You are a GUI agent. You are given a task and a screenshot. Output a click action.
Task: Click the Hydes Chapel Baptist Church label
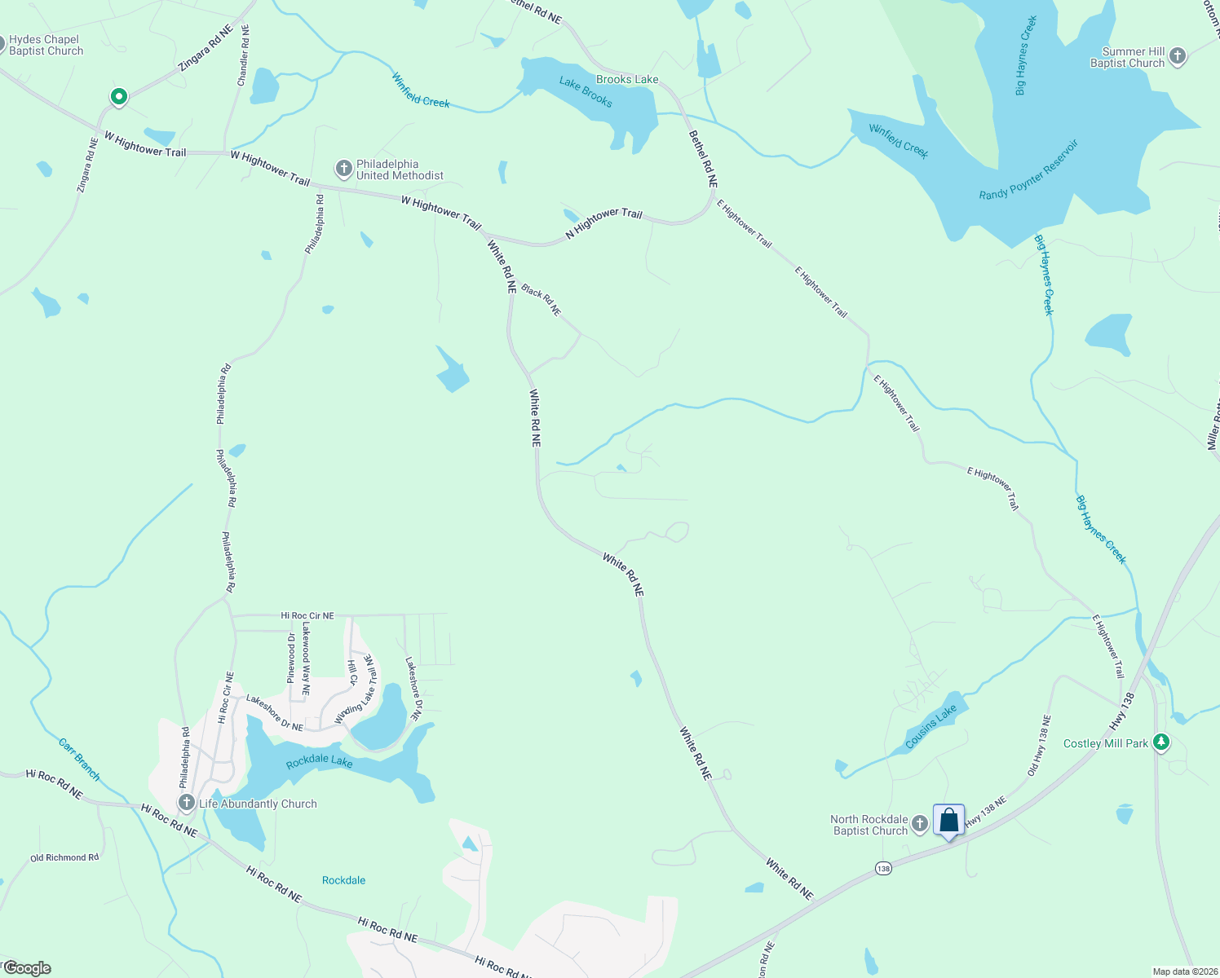click(46, 46)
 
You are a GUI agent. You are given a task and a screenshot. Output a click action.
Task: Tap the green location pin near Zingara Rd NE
click(119, 97)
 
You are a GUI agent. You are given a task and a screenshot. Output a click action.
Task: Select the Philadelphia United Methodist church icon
click(344, 170)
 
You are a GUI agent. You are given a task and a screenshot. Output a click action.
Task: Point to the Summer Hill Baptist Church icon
click(1177, 56)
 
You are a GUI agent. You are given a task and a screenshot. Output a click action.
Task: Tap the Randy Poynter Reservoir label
click(1029, 171)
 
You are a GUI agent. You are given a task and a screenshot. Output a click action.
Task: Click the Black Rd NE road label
click(541, 300)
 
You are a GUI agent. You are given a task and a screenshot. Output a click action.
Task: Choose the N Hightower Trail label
click(604, 223)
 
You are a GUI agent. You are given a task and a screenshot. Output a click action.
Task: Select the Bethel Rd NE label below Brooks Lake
click(703, 160)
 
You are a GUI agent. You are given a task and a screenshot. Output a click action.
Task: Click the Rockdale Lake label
click(320, 763)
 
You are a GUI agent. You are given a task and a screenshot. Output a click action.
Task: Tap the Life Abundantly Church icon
click(187, 804)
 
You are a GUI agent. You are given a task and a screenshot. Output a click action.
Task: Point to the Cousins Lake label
click(930, 726)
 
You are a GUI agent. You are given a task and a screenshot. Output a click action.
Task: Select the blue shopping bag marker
click(948, 820)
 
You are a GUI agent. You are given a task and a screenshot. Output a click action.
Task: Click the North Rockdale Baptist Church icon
click(920, 824)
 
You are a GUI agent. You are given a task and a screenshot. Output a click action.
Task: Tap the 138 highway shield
click(884, 869)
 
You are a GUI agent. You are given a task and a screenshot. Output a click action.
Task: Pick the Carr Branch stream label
click(79, 760)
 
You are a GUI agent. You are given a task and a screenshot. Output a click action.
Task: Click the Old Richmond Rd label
click(64, 857)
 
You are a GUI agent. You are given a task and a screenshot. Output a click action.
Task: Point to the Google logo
click(27, 968)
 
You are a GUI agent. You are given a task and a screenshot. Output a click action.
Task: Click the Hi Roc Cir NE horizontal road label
click(307, 616)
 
